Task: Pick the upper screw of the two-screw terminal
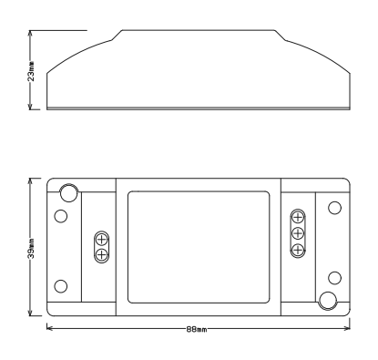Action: pyautogui.click(x=102, y=239)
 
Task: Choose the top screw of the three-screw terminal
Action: pyautogui.click(x=297, y=218)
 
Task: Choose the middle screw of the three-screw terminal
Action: pyautogui.click(x=297, y=232)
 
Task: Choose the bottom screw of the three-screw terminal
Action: pyautogui.click(x=297, y=247)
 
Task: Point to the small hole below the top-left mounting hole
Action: pyautogui.click(x=61, y=216)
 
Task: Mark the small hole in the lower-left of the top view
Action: pyautogui.click(x=61, y=285)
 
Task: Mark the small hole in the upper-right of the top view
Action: pyautogui.click(x=334, y=208)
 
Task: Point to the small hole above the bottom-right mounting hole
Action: pyautogui.click(x=335, y=276)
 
